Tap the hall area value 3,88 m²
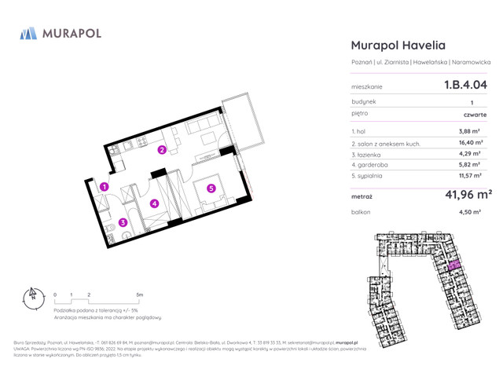[x=469, y=131]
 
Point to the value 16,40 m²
[x=469, y=144]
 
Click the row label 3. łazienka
[x=368, y=156]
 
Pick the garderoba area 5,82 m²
[x=469, y=167]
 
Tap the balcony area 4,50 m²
[x=469, y=213]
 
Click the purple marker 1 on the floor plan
[x=104, y=186]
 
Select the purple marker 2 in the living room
[x=162, y=150]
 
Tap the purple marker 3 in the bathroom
[x=123, y=222]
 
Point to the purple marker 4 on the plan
[x=155, y=204]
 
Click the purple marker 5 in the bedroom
[x=211, y=188]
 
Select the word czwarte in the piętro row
[x=475, y=115]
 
